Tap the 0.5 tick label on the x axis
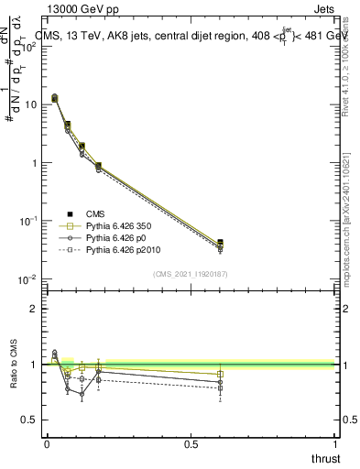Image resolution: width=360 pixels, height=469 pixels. tap(191, 443)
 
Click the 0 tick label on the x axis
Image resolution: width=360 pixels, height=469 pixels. tap(47, 443)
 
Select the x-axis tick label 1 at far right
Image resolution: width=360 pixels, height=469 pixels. tap(334, 443)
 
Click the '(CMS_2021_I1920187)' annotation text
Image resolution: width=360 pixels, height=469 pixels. tap(190, 273)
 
